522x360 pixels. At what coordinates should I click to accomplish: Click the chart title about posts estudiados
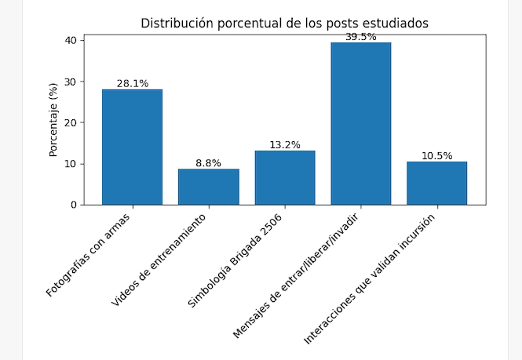point(284,23)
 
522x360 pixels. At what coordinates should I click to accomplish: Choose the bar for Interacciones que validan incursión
point(436,183)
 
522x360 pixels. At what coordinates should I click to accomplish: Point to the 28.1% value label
point(132,83)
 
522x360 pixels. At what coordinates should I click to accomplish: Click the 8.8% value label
point(208,163)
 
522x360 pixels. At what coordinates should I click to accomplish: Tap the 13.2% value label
point(284,145)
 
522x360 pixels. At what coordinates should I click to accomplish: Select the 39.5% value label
point(360,37)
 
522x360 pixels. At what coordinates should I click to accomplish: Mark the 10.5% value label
point(436,156)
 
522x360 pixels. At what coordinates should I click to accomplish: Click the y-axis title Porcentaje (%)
point(53,119)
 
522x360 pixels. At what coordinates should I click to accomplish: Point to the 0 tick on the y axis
point(73,205)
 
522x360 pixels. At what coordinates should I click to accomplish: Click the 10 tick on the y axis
point(71,164)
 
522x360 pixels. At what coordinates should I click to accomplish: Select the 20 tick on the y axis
point(71,123)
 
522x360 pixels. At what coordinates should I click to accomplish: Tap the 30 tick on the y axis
point(71,82)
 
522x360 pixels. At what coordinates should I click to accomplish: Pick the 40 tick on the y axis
point(71,41)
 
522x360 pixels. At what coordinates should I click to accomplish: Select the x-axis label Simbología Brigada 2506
point(235,259)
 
